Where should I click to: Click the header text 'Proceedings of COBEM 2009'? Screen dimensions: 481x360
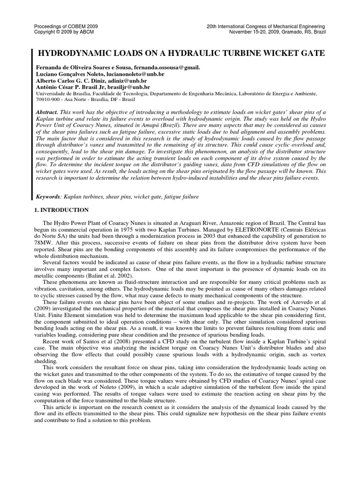pos(66,26)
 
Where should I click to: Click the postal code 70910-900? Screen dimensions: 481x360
pos(48,100)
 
